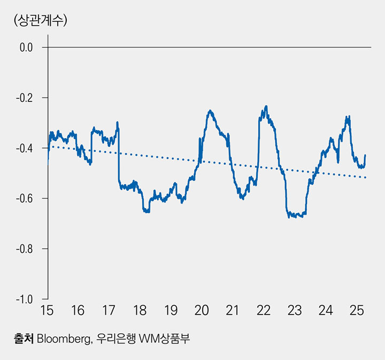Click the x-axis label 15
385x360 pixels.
click(x=48, y=310)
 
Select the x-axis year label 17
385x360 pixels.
click(x=109, y=310)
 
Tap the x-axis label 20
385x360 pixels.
click(x=202, y=310)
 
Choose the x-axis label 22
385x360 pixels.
click(x=263, y=310)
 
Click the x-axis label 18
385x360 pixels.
click(x=140, y=310)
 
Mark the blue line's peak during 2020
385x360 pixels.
click(x=211, y=111)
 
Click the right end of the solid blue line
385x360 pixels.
click(x=365, y=155)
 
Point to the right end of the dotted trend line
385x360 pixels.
click(x=366, y=177)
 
